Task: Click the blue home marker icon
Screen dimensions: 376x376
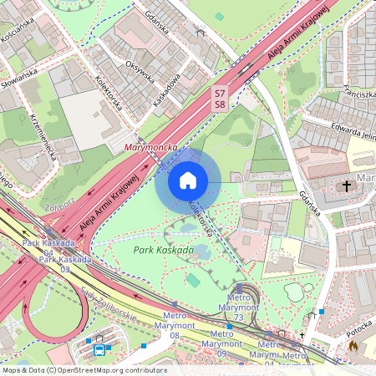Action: point(188,180)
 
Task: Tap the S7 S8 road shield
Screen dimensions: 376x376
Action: point(220,99)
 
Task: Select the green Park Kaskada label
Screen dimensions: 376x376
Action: point(164,250)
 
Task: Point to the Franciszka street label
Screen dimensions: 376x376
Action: point(351,95)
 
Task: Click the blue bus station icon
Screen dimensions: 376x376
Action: point(99,349)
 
